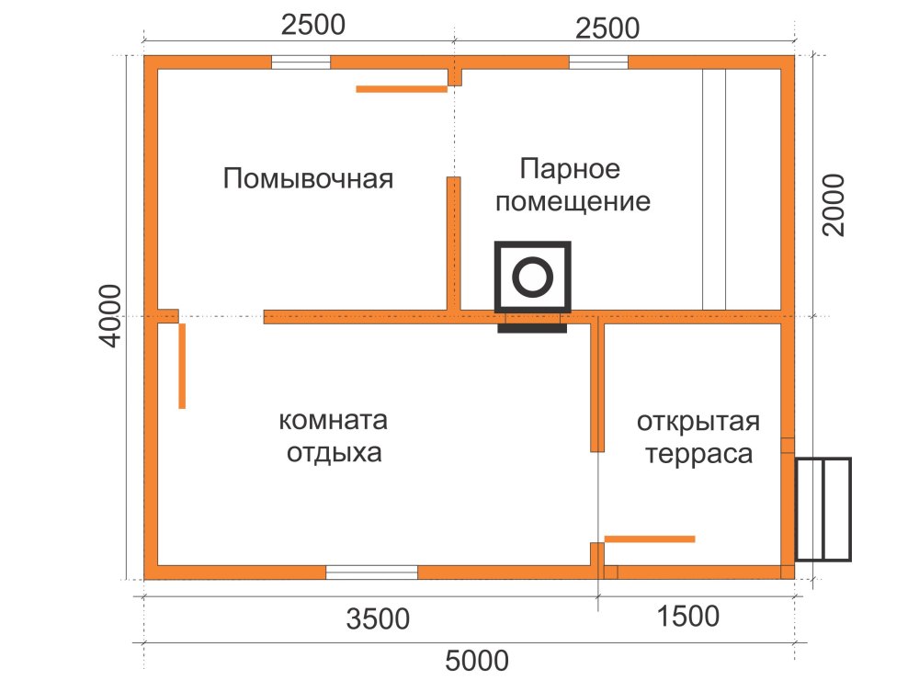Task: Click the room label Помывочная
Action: point(308,178)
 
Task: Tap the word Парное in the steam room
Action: point(570,169)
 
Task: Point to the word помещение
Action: point(573,201)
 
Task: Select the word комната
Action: point(333,420)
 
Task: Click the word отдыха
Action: point(335,453)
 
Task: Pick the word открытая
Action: point(698,423)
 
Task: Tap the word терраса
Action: point(698,455)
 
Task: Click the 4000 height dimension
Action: point(110,316)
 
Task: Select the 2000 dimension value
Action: point(833,205)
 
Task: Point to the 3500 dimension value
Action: point(378,619)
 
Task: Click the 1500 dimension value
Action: point(687,617)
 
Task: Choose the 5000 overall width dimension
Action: point(476,661)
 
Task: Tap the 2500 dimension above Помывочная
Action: point(313,25)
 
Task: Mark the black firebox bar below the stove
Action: point(532,329)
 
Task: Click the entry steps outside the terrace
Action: point(823,509)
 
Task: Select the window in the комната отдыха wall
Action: point(371,572)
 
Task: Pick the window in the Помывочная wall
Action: point(301,62)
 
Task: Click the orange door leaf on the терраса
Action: point(650,539)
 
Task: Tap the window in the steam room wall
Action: point(598,62)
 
